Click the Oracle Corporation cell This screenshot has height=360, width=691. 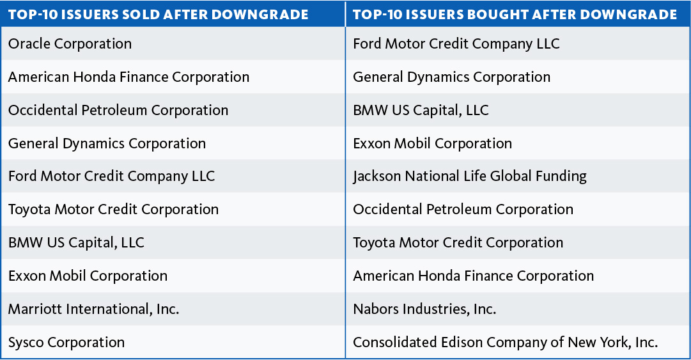click(x=70, y=44)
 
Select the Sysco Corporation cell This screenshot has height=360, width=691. click(x=66, y=342)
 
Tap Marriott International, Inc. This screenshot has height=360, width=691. click(x=93, y=309)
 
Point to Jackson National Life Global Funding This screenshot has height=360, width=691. click(x=470, y=176)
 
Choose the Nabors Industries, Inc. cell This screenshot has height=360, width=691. click(x=424, y=309)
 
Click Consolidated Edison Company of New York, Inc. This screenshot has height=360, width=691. click(x=505, y=342)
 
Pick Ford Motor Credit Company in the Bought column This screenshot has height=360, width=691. click(x=456, y=44)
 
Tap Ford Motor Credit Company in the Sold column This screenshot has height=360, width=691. click(x=111, y=176)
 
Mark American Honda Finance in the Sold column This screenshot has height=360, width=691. click(x=128, y=77)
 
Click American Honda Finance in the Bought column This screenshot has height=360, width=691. click(x=473, y=276)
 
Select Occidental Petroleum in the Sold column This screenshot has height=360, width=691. click(x=118, y=111)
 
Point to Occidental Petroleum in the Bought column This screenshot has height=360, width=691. click(x=463, y=210)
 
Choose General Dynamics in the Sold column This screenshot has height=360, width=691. click(x=107, y=144)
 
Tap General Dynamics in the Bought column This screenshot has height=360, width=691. click(x=451, y=77)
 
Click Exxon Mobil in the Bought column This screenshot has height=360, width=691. click(x=432, y=144)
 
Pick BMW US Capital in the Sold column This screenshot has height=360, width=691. click(x=76, y=243)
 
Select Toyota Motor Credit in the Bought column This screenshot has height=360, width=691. click(x=458, y=243)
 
